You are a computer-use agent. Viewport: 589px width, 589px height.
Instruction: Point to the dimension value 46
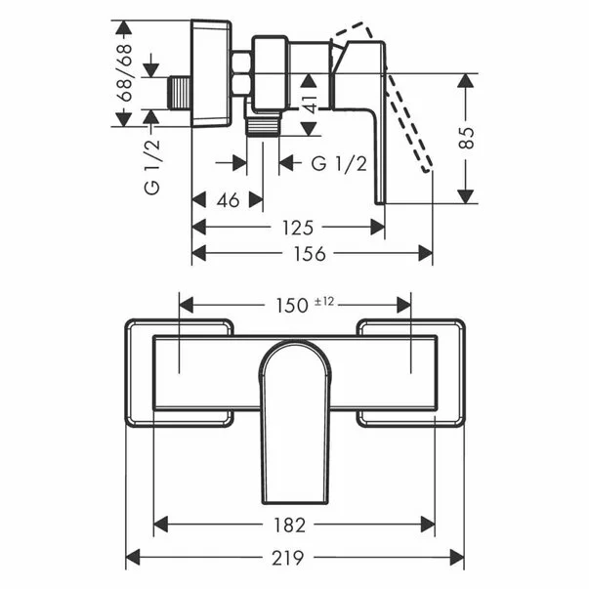(x=227, y=200)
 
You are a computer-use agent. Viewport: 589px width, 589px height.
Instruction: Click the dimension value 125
(x=296, y=228)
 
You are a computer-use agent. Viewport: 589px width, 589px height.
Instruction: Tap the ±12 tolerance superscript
(x=324, y=302)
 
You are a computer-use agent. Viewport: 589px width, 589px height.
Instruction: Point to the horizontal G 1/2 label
(x=339, y=163)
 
